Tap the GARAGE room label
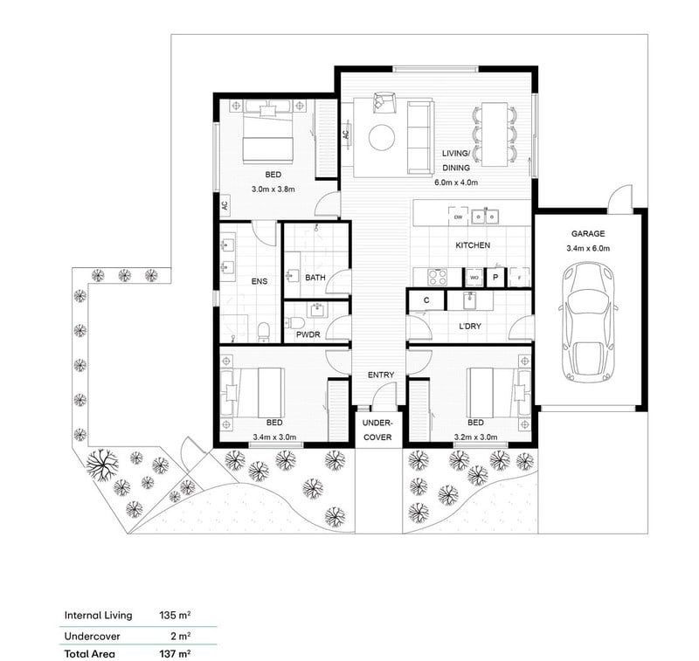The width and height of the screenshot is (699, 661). tap(591, 234)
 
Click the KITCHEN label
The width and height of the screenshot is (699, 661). tap(472, 246)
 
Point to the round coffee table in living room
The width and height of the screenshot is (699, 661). tap(382, 137)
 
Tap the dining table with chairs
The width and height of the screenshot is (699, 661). tap(495, 134)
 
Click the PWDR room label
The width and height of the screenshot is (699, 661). tap(308, 334)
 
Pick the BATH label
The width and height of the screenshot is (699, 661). tap(315, 278)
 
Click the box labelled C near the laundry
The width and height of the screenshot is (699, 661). tap(426, 300)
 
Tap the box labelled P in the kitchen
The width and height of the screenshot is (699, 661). tap(495, 276)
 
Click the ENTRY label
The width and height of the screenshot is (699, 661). tap(380, 375)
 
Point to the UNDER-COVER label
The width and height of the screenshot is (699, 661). tap(378, 428)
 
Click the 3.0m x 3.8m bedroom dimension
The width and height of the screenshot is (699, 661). tap(274, 189)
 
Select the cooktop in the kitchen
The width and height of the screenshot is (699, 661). tap(437, 276)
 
